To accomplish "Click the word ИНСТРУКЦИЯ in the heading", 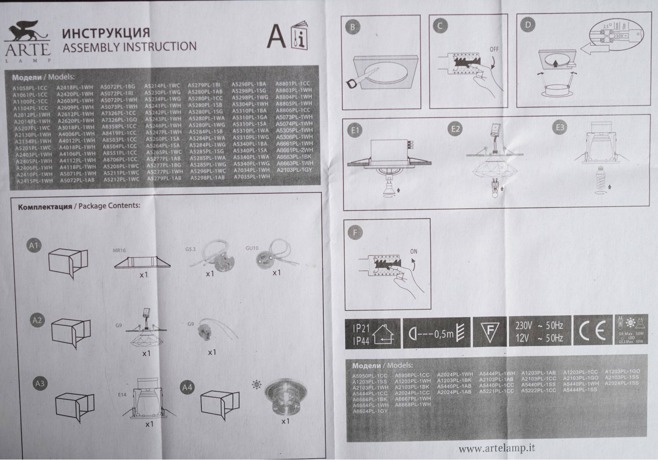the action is tap(106, 33).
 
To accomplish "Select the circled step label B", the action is tap(352, 27).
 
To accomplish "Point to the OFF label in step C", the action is tap(494, 49).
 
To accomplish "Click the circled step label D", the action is tap(528, 25).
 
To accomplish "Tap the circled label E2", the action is tap(455, 128).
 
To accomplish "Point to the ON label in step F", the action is tap(414, 252).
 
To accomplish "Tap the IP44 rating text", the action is tap(361, 341).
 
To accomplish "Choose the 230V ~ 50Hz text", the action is tap(539, 326).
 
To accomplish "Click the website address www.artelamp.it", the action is tap(497, 449).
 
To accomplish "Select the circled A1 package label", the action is tap(34, 246).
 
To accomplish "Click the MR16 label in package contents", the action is tap(119, 251).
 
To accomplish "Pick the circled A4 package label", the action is tap(187, 387).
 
